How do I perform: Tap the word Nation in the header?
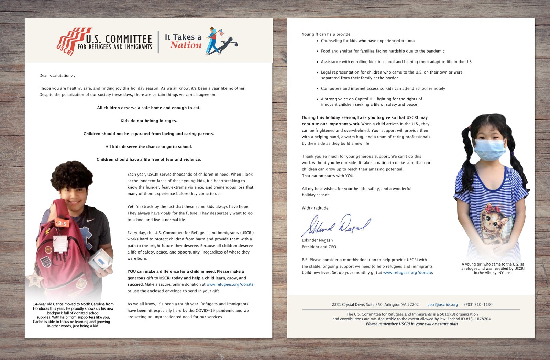(x=186, y=45)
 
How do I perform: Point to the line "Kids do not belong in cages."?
(x=148, y=121)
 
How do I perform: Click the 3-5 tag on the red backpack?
(x=62, y=223)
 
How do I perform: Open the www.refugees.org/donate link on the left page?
(x=230, y=284)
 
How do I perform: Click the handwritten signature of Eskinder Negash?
(x=336, y=225)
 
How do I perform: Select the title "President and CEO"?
(x=319, y=247)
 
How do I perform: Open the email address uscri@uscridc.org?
(x=442, y=305)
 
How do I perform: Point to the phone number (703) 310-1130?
(x=478, y=305)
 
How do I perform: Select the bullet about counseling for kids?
(x=367, y=41)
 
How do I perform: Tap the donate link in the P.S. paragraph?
(x=408, y=273)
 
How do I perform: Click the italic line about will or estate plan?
(x=412, y=324)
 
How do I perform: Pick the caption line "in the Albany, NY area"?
(x=493, y=273)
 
